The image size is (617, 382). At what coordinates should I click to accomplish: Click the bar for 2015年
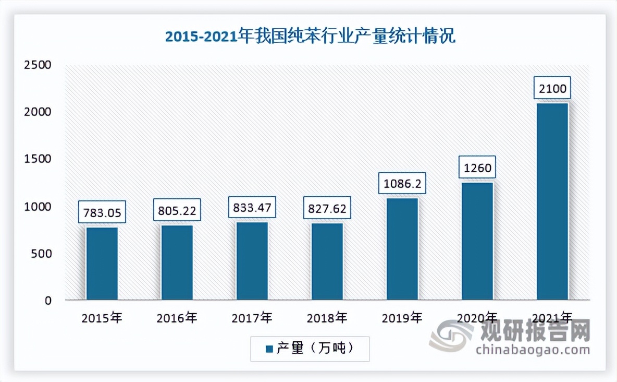point(102,264)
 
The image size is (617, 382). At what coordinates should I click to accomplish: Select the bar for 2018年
point(327,261)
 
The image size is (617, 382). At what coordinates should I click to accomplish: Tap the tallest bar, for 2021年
point(552,201)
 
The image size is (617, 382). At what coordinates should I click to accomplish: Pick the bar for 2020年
point(477,241)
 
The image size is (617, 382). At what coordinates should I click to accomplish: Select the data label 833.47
point(252,208)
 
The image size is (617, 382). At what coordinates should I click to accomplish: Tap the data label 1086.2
point(402,184)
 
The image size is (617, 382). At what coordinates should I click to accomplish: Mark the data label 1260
point(477,168)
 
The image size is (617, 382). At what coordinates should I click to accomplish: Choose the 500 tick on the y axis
point(41,254)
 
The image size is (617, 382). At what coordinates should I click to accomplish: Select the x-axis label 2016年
point(177,317)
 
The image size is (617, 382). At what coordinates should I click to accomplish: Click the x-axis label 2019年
point(402,317)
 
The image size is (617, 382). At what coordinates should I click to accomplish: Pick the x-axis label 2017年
point(252,317)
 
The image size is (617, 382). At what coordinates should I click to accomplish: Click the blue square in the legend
point(269,349)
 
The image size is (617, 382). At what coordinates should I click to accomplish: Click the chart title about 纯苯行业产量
point(310,37)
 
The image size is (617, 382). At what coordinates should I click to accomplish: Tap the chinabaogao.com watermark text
point(533,349)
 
